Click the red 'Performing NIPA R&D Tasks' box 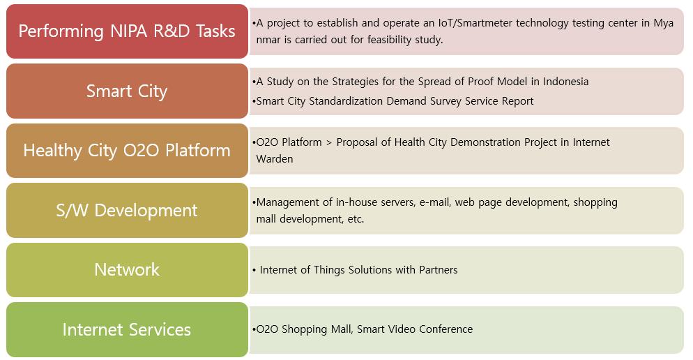128,31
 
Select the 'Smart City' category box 128,91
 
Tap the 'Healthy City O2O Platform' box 128,151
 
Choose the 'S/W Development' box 128,210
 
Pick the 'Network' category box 128,270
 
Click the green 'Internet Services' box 128,329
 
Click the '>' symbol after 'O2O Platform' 329,142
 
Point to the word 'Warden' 275,159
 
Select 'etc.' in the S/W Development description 356,219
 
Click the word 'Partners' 439,270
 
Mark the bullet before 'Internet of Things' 254,270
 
